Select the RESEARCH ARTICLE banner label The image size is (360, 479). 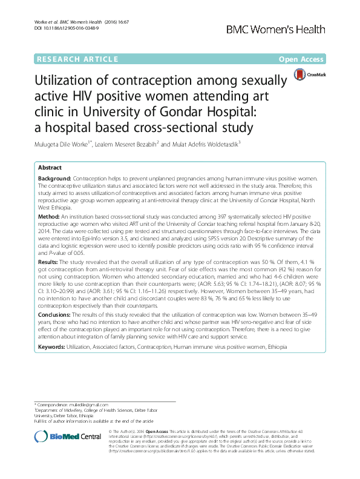77,59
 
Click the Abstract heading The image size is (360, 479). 50,167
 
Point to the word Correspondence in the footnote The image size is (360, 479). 61,405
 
